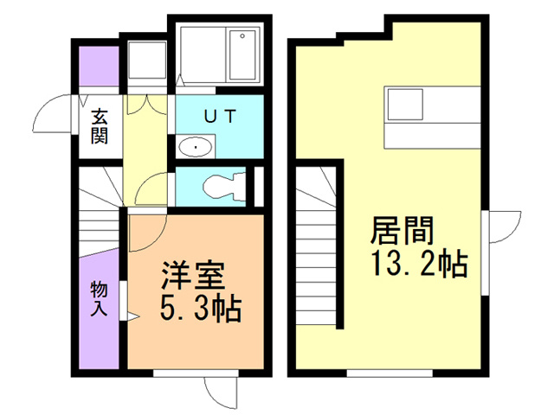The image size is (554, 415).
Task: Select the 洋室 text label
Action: point(192,276)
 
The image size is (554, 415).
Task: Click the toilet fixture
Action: point(222,185)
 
